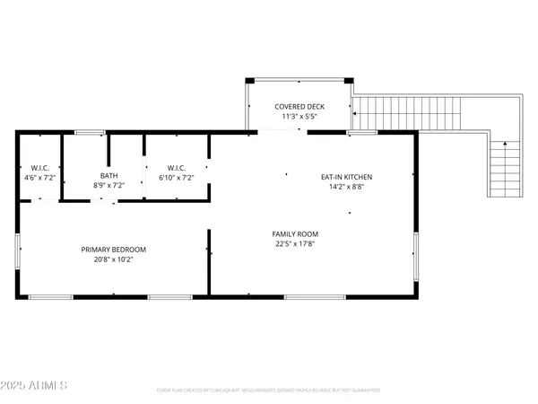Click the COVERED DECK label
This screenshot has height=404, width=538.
(x=299, y=107)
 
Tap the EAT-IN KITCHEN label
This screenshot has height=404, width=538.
(x=346, y=177)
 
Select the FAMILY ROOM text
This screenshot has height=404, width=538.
(x=295, y=234)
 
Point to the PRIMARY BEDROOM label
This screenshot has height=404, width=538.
(x=113, y=250)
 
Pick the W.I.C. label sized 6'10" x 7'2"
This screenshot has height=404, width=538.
(x=176, y=167)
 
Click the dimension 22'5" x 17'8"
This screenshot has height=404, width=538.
(x=295, y=244)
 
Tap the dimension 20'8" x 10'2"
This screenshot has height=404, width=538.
(x=113, y=259)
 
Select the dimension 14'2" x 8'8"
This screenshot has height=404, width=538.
(x=346, y=188)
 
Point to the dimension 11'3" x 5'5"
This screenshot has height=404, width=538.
(x=299, y=117)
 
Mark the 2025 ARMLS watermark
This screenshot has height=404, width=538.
(x=36, y=386)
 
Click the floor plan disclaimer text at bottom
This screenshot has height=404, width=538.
(x=268, y=391)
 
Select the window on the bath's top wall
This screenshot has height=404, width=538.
(x=89, y=133)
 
